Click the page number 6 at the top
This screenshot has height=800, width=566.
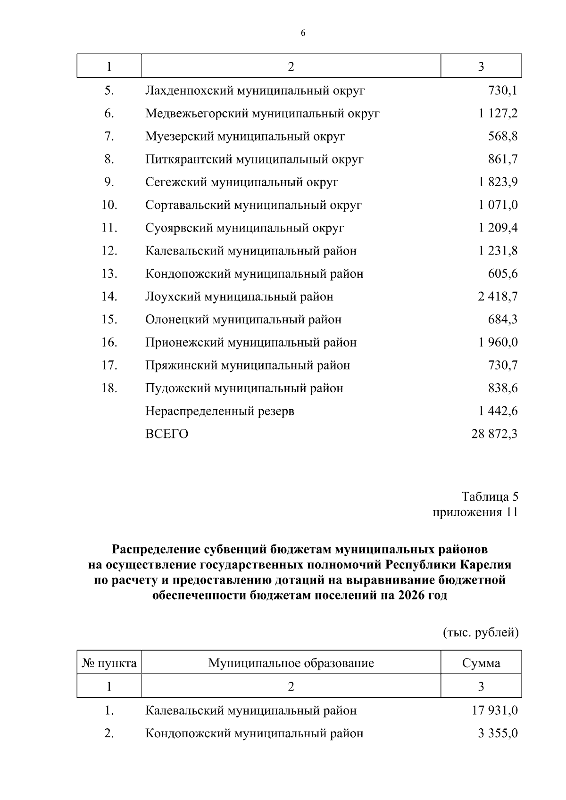tap(303, 33)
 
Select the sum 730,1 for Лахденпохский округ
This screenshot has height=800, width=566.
tap(502, 91)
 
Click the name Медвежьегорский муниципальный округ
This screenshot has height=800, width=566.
tap(262, 114)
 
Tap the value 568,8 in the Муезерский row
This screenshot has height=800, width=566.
tap(502, 136)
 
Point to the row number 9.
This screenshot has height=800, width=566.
tap(109, 182)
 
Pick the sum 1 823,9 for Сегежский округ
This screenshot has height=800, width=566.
tap(498, 182)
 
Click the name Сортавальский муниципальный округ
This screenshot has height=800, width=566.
tap(253, 205)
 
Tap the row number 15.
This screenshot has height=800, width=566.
tap(109, 320)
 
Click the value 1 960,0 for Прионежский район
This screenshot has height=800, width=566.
tap(498, 342)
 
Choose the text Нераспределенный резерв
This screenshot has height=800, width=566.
tap(219, 411)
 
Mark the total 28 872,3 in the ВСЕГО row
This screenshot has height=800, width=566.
tap(494, 434)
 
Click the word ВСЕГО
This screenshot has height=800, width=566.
tap(166, 434)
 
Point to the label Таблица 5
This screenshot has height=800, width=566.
tap(490, 497)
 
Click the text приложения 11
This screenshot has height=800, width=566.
tap(475, 512)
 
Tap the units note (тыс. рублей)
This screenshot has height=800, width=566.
tap(480, 633)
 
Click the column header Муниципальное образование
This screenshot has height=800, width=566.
tap(291, 663)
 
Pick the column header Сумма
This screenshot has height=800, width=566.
tap(481, 663)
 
